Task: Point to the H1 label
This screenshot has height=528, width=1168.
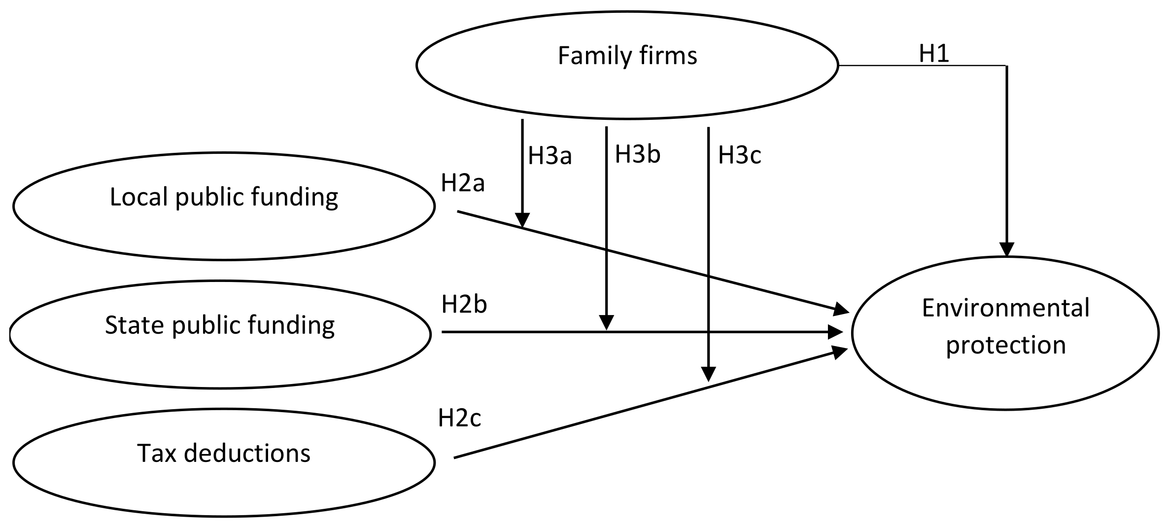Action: click(x=934, y=54)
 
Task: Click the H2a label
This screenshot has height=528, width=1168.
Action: click(x=463, y=183)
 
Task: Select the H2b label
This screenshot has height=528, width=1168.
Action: click(x=464, y=304)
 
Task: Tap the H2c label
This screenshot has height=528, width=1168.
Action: click(x=459, y=418)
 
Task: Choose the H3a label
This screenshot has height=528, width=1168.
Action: click(x=550, y=156)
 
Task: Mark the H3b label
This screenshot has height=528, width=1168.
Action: click(x=637, y=154)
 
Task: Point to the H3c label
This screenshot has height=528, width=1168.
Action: click(x=739, y=155)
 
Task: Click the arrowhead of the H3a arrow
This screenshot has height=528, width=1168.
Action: click(x=522, y=220)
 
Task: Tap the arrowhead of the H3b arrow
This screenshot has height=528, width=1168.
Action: click(x=607, y=323)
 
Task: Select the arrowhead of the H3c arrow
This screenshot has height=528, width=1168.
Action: click(x=708, y=375)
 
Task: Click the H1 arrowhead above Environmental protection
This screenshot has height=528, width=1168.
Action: click(x=1006, y=249)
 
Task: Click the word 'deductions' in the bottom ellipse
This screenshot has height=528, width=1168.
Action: click(x=247, y=453)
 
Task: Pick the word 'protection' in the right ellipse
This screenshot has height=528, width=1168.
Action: click(x=1005, y=345)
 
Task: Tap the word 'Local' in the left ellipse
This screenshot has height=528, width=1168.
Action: click(x=138, y=197)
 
